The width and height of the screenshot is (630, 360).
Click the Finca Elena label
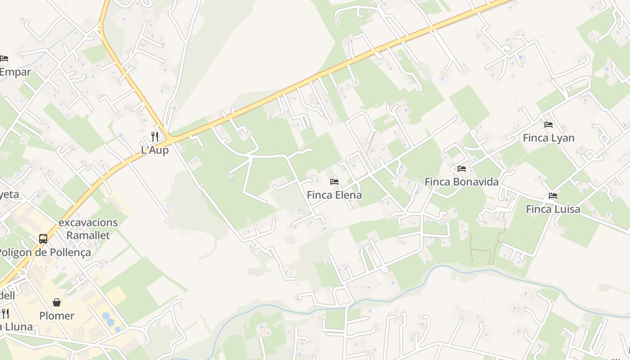pos(334,195)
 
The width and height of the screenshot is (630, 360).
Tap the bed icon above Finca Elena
pos(334,182)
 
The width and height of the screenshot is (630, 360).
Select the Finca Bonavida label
pos(462,182)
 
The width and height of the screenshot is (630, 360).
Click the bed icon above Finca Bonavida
pos(462,169)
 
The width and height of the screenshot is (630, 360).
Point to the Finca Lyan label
pos(549,138)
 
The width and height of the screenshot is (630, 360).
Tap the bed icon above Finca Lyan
pos(548,124)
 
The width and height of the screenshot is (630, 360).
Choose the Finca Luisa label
pos(553,209)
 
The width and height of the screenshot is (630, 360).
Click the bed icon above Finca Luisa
pos(553,196)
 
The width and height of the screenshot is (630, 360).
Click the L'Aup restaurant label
pos(155,150)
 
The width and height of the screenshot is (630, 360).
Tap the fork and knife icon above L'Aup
pos(155,136)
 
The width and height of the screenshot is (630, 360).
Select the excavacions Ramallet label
pos(88,229)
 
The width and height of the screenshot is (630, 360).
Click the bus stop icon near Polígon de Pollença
pos(43,239)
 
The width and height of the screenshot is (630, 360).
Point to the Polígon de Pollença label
pos(45,252)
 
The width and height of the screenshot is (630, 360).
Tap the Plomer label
pos(57,315)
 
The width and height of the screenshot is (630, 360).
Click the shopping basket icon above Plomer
pos(57,302)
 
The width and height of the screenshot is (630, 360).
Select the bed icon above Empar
pos(4,58)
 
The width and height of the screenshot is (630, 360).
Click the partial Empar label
pos(15,72)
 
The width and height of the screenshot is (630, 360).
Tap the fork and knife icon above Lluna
pos(5,313)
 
